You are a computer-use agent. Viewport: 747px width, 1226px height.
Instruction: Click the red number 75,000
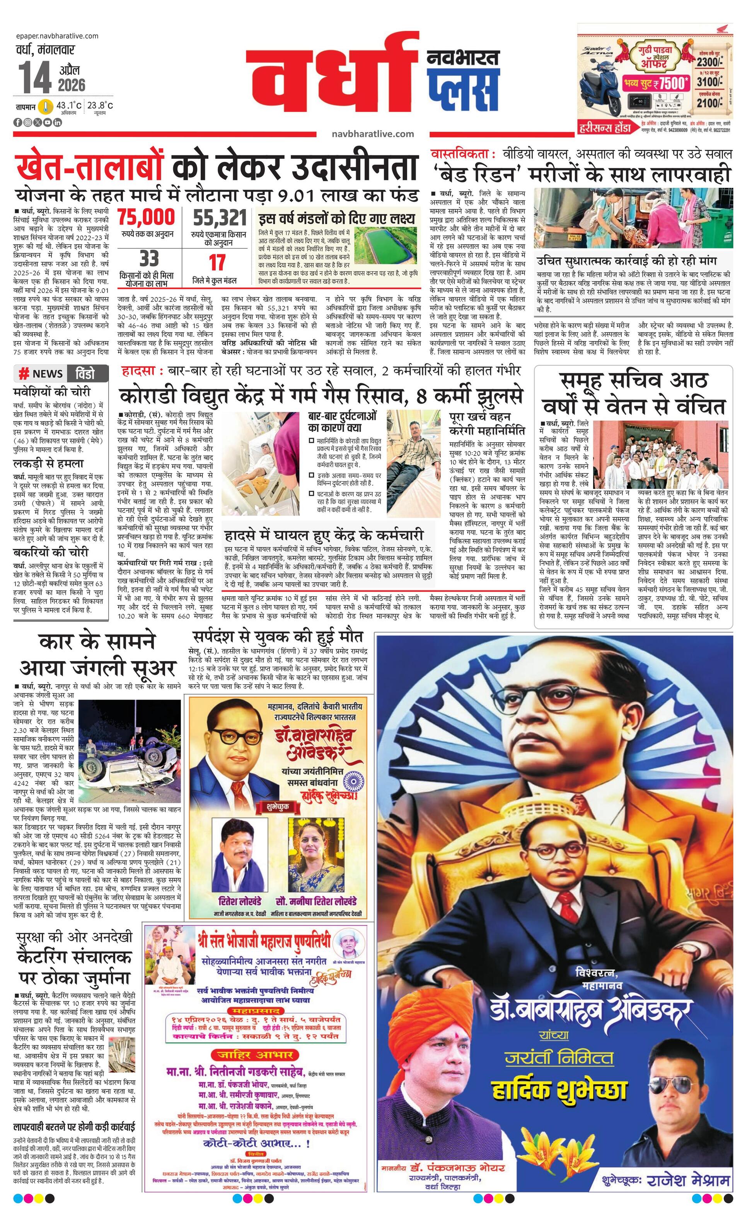point(147,218)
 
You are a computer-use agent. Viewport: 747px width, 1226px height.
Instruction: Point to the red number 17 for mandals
point(217,263)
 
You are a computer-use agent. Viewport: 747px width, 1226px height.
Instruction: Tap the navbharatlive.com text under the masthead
point(372,133)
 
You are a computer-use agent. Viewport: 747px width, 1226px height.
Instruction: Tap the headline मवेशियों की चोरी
point(52,391)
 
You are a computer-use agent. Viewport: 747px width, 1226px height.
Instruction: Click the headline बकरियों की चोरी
point(51,552)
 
